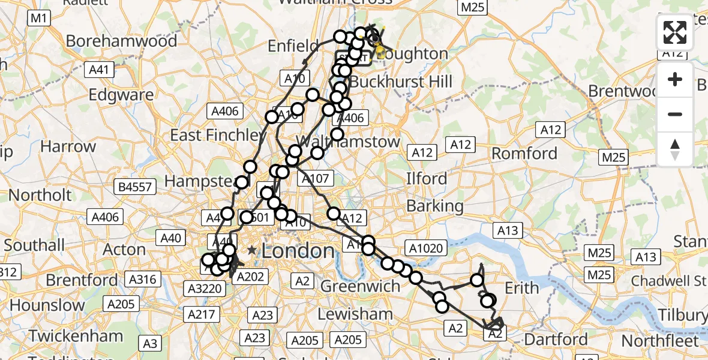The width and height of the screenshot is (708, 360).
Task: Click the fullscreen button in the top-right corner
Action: (675, 32)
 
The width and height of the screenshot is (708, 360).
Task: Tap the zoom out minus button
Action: (675, 114)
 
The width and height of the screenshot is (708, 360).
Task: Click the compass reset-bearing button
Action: (675, 149)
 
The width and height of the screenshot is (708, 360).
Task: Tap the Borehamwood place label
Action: (122, 41)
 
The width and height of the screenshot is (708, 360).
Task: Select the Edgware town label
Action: (121, 95)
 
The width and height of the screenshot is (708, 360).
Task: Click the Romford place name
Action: (524, 154)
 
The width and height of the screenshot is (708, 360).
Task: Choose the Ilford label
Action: (427, 178)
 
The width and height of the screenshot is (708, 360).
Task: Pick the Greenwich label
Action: (360, 286)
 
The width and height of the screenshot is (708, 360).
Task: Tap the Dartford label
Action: (556, 339)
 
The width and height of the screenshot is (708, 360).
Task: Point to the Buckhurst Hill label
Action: (401, 81)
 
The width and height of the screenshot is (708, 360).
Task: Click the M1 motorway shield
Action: (38, 18)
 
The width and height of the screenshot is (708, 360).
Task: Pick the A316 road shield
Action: (143, 279)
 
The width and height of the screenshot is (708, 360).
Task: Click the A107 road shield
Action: (316, 178)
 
